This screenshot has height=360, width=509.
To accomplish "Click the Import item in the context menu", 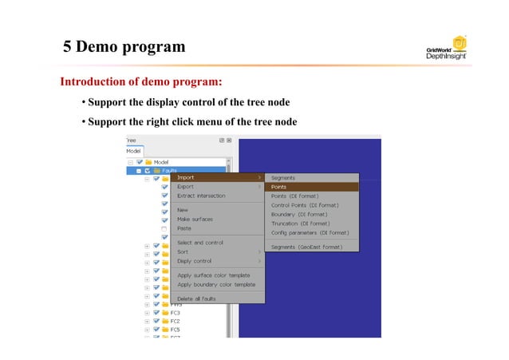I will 186,178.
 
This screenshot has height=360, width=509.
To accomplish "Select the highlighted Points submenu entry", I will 279,187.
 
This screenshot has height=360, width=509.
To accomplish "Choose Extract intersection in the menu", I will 201,196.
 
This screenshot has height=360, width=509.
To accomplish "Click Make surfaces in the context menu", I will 195,219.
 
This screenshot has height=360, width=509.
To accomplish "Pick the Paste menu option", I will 184,228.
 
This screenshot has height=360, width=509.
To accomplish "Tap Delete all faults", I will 196,299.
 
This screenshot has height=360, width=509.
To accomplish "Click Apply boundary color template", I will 216,284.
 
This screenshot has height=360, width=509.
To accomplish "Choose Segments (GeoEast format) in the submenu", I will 306,247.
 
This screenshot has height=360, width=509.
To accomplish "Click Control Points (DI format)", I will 305,205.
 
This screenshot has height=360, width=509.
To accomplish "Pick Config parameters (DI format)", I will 310,233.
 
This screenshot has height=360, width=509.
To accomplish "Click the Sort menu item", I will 183,251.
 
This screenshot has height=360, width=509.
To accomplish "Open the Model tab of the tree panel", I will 133,150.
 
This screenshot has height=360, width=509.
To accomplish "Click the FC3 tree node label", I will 175,313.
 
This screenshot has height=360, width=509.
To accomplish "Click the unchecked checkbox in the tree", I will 164,228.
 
